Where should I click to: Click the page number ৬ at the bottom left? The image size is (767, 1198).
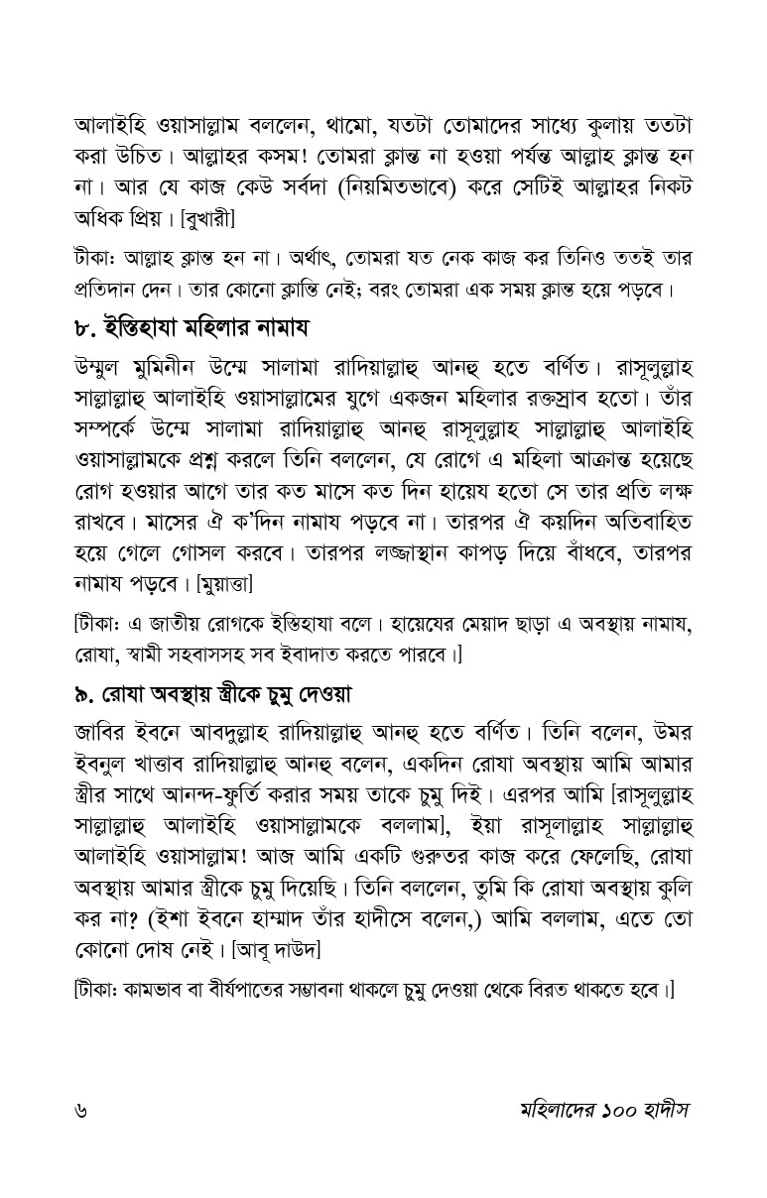click(x=80, y=1109)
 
